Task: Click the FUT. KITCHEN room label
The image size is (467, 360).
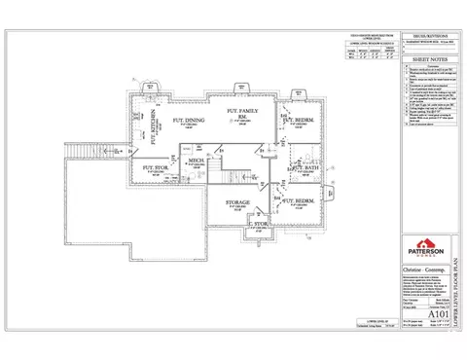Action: coord(155,127)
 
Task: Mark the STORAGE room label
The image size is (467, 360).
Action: coord(236,203)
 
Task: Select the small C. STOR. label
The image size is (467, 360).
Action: coord(258,225)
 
